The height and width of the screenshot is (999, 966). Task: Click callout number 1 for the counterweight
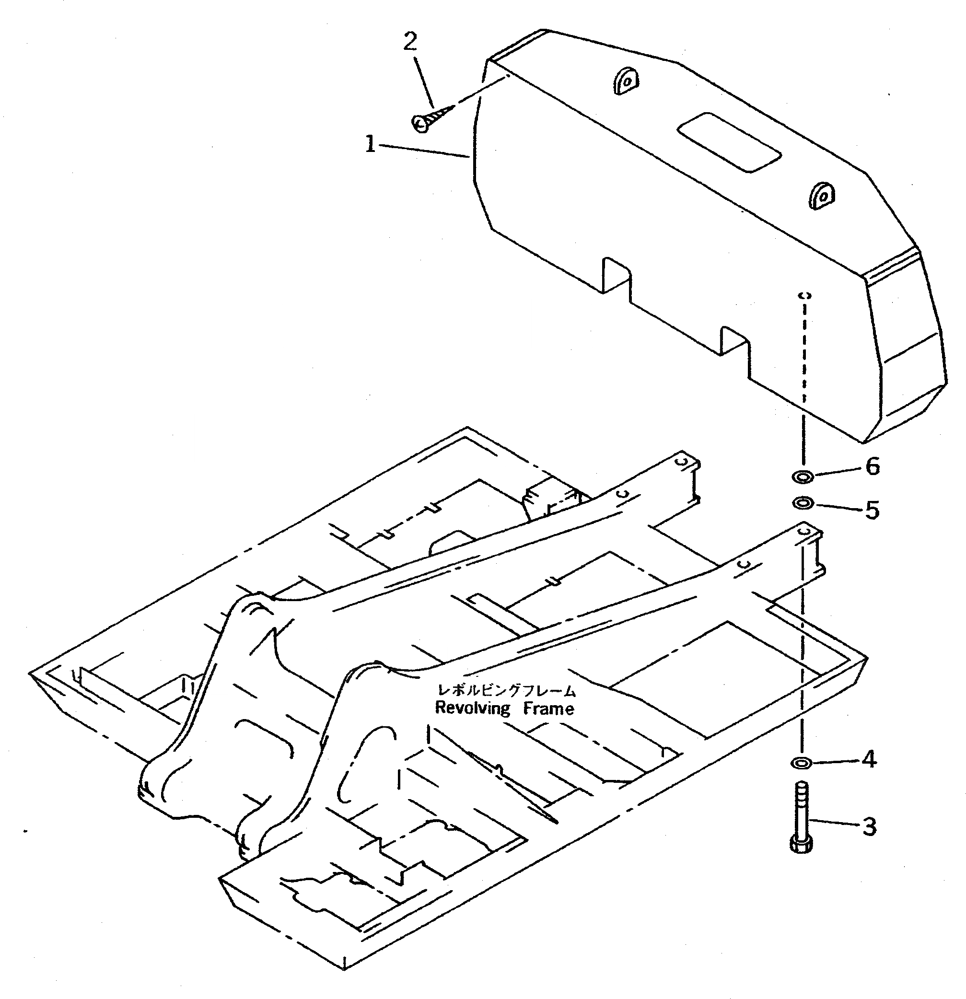(371, 144)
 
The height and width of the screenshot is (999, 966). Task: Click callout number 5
(872, 510)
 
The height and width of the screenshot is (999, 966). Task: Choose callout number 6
(873, 466)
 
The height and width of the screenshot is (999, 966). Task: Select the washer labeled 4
(802, 763)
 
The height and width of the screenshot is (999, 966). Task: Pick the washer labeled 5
(803, 504)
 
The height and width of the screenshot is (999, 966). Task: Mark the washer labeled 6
(803, 477)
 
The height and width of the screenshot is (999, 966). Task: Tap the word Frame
(548, 709)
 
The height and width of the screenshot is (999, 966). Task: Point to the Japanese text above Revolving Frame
(507, 691)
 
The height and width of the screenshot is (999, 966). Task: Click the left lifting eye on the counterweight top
(626, 81)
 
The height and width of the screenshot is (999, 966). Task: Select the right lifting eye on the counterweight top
(821, 195)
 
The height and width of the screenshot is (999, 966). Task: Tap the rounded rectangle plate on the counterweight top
(729, 142)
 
